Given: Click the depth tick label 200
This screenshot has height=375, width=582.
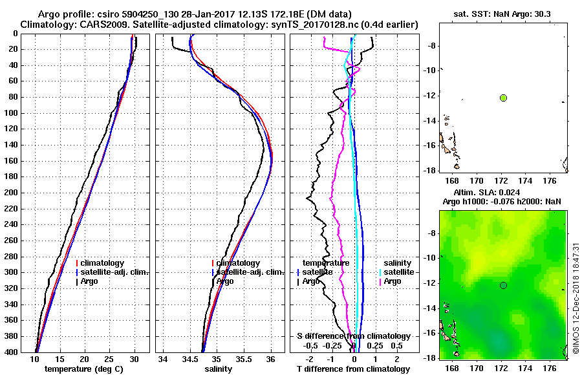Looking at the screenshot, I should (10, 193).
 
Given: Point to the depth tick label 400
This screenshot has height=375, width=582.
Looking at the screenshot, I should (10, 352).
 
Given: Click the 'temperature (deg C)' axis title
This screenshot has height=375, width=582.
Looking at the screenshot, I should (84, 369).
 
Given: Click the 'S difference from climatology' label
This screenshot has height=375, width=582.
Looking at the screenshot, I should (353, 336).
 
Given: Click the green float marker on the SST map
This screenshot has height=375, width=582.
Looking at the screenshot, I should (503, 98).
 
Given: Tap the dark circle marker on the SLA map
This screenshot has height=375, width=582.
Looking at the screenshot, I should (503, 285).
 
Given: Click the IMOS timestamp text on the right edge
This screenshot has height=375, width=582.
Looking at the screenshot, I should (576, 297).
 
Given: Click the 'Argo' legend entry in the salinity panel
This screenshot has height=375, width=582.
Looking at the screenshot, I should (225, 281).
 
